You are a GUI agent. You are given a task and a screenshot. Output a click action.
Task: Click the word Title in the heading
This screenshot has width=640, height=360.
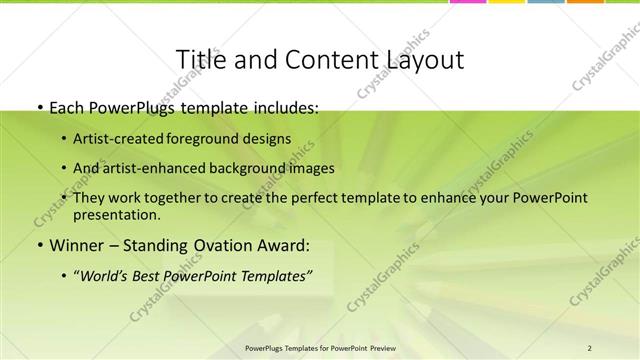click(x=199, y=60)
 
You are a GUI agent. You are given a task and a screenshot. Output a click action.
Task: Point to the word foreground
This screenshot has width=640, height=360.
click(x=208, y=139)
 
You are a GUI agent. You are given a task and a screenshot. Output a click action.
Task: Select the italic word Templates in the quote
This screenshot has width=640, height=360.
click(x=274, y=275)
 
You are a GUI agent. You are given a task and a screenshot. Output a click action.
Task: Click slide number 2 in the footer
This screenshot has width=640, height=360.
click(x=589, y=347)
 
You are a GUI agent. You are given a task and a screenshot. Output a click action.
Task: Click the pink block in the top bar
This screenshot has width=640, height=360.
click(x=467, y=2)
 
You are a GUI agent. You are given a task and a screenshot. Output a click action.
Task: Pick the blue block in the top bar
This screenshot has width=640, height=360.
click(x=546, y=2)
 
